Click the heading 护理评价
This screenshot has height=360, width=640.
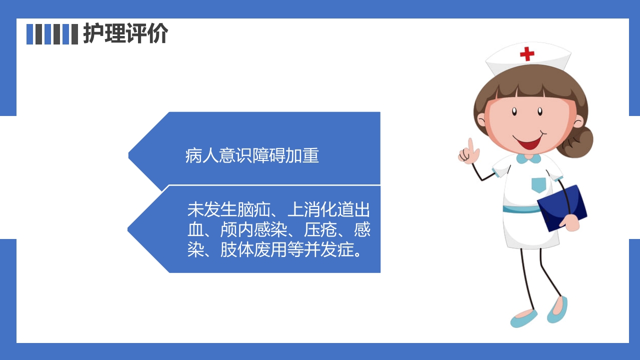pyautogui.click(x=125, y=34)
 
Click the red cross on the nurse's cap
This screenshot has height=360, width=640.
pyautogui.click(x=527, y=53)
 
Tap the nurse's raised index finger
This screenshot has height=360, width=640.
pyautogui.click(x=470, y=145)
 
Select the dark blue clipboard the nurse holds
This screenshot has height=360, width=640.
pyautogui.click(x=562, y=208)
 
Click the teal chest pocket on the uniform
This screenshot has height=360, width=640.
pyautogui.click(x=538, y=184)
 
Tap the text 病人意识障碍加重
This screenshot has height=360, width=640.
pyautogui.click(x=252, y=156)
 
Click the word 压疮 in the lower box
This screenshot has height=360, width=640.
pyautogui.click(x=319, y=230)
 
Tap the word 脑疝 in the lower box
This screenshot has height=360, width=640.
pyautogui.click(x=237, y=210)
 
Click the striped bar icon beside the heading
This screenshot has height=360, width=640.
pyautogui.click(x=52, y=34)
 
